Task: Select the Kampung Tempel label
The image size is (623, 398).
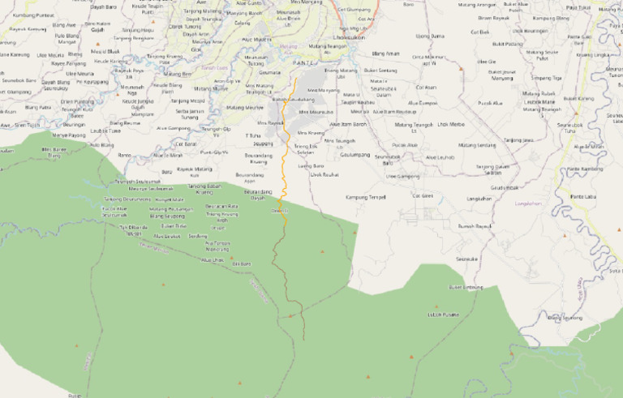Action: click(x=365, y=197)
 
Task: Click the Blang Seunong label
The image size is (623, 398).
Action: click(x=565, y=318)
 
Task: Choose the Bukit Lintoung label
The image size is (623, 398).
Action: click(x=466, y=287)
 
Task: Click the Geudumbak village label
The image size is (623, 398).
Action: click(x=504, y=186)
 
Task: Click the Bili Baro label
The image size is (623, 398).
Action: click(x=241, y=263)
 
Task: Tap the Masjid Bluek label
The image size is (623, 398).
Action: click(x=105, y=51)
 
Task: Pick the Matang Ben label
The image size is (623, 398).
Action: click(x=177, y=74)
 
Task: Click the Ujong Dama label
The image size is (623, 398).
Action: click(x=430, y=36)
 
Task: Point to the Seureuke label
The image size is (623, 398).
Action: click(x=466, y=259)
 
